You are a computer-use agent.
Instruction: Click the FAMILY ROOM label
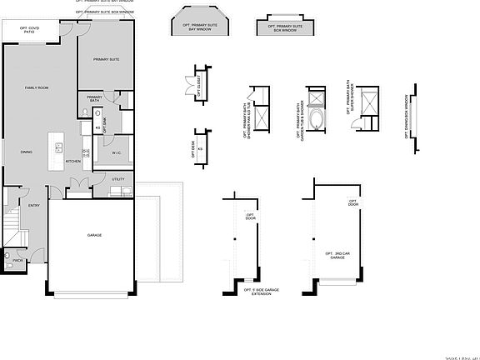click(36, 87)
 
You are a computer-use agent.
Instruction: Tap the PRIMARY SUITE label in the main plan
click(105, 60)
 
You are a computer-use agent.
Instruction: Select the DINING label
click(27, 152)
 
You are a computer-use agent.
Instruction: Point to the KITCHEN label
click(72, 160)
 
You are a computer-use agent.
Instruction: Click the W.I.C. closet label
click(117, 152)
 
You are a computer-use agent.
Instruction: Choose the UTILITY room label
click(117, 179)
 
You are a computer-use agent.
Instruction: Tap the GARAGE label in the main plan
click(94, 236)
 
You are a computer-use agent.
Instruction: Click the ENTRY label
click(34, 205)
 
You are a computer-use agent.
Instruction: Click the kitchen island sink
click(58, 147)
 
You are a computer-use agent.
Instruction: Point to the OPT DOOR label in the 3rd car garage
click(352, 202)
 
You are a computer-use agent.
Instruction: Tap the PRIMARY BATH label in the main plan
click(94, 99)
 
